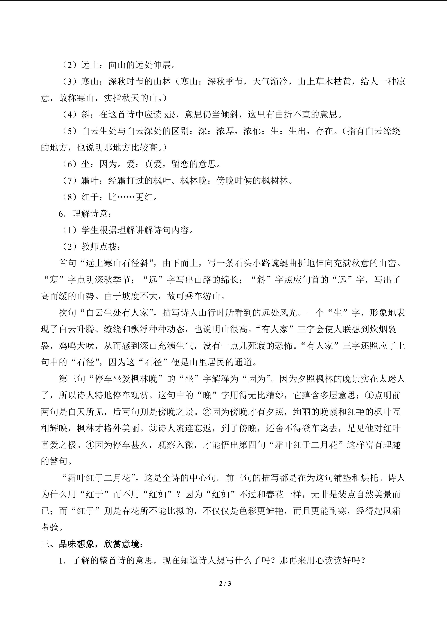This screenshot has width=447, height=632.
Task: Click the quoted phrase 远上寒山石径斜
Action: (117, 263)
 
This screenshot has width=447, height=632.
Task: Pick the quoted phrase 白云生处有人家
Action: (117, 313)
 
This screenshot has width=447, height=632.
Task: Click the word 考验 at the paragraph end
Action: (50, 528)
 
